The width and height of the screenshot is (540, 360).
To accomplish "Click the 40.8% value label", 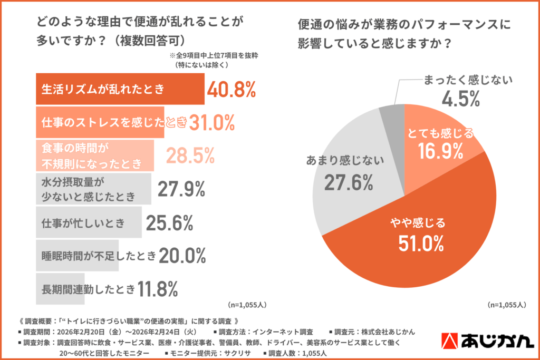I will [x=231, y=90].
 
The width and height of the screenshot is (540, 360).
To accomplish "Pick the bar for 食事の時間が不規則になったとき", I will [x=95, y=155].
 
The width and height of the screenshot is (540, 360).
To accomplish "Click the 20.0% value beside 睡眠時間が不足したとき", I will [x=182, y=256].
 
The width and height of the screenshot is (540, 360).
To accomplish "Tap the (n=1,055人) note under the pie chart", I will [x=507, y=304].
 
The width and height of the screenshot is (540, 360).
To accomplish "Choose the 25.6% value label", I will [x=168, y=222].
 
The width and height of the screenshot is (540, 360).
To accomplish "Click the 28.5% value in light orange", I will [x=190, y=155].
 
